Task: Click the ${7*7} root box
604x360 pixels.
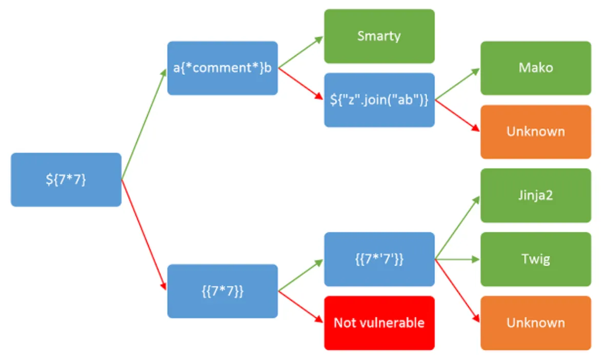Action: [66, 180]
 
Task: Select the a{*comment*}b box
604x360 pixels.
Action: [223, 68]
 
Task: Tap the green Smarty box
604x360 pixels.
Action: [379, 36]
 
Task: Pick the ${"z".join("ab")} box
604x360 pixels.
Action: [379, 100]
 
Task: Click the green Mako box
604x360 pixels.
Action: [535, 68]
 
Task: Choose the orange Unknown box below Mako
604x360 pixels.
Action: [535, 132]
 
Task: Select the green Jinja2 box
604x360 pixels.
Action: [535, 195]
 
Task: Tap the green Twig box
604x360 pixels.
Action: [535, 259]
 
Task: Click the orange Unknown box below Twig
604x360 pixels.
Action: [535, 323]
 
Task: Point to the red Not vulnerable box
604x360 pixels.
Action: [379, 323]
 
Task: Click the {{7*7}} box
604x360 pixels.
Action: [223, 291]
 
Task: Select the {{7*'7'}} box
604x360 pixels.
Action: [379, 259]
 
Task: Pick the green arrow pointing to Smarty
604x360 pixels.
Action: [300, 52]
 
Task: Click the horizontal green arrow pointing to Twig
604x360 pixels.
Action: [457, 259]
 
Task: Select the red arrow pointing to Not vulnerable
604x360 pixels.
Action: [300, 307]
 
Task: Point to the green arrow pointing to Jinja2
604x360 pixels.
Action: [457, 228]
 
